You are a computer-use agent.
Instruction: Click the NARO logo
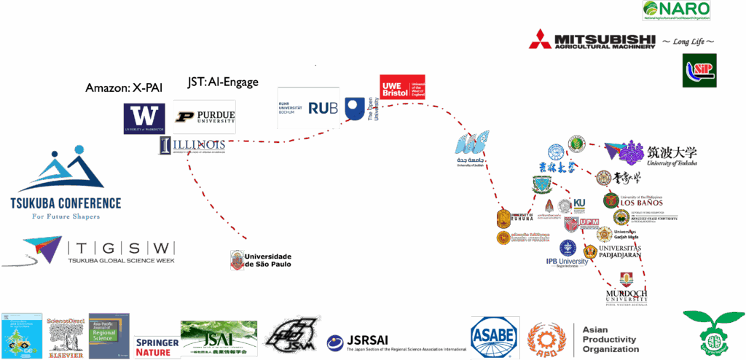pyautogui.click(x=675, y=10)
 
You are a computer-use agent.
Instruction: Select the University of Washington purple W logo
pyautogui.click(x=144, y=118)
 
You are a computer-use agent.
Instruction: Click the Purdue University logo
pyautogui.click(x=205, y=117)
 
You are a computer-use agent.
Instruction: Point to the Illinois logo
pyautogui.click(x=192, y=146)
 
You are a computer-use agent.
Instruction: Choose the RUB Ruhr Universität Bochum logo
pyautogui.click(x=308, y=108)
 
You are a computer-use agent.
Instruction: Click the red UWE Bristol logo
pyautogui.click(x=402, y=87)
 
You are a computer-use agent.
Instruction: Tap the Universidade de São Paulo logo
pyautogui.click(x=261, y=259)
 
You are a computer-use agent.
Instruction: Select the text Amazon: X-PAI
pyautogui.click(x=124, y=87)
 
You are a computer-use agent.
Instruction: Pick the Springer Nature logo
pyautogui.click(x=157, y=347)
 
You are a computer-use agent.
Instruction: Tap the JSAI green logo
pyautogui.click(x=219, y=339)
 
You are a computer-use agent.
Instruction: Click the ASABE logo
pyautogui.click(x=495, y=337)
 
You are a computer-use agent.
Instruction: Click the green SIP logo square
pyautogui.click(x=699, y=71)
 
